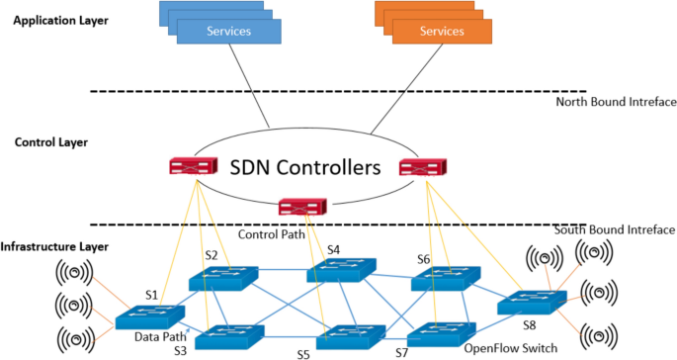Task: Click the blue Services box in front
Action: [228, 31]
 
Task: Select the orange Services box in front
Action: [442, 31]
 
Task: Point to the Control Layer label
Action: [51, 142]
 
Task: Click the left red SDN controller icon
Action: [192, 167]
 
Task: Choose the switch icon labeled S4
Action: [340, 270]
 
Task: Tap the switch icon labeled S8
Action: [528, 303]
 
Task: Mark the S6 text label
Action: [424, 258]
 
